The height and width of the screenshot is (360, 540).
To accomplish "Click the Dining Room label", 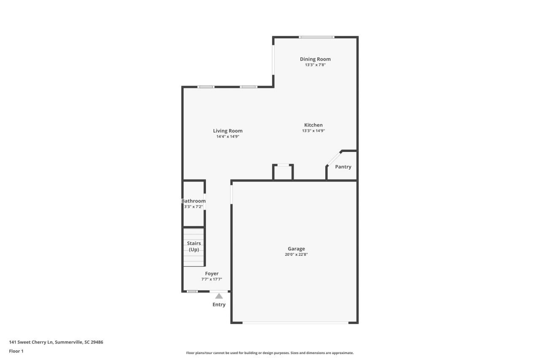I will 315,59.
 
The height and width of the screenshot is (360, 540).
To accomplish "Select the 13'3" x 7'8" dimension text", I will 315,65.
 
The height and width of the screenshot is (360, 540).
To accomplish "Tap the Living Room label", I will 228,131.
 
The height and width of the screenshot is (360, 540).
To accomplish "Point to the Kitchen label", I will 313,125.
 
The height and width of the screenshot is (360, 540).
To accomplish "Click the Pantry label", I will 343,167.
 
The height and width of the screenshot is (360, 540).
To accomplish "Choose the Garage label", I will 296,249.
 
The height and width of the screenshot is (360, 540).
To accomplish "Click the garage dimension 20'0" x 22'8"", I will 296,254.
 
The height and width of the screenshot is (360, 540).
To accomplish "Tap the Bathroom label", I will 194,201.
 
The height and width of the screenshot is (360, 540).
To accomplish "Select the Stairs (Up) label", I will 194,246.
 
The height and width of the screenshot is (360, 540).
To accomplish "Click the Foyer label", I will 212,273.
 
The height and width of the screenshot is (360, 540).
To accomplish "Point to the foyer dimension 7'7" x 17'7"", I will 212,279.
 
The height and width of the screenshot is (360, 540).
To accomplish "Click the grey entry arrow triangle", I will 219,296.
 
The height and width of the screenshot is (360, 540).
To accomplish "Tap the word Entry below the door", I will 219,304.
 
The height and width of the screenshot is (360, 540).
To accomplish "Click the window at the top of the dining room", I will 317,37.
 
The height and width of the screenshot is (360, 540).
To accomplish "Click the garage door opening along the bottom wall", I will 295,323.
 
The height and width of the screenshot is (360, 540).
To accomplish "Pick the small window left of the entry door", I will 192,291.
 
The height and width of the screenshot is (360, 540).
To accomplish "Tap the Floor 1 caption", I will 16,351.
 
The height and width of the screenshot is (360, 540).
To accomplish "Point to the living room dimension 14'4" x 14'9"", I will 228,137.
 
